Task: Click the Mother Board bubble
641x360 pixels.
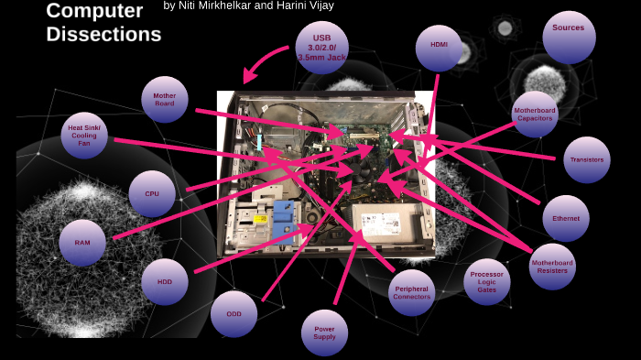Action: point(165,99)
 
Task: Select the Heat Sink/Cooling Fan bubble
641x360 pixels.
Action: point(84,136)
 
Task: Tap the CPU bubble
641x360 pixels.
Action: point(152,193)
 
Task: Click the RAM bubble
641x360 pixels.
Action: point(82,243)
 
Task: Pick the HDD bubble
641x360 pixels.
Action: point(165,281)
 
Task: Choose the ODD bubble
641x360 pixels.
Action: point(234,314)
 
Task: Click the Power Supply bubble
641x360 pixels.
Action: point(324,333)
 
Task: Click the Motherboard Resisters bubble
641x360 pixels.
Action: point(553,267)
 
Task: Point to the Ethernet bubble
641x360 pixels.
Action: point(565,219)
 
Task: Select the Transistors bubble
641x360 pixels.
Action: point(586,160)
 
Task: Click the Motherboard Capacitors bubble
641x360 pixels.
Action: point(535,115)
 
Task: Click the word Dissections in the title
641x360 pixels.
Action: point(103,35)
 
